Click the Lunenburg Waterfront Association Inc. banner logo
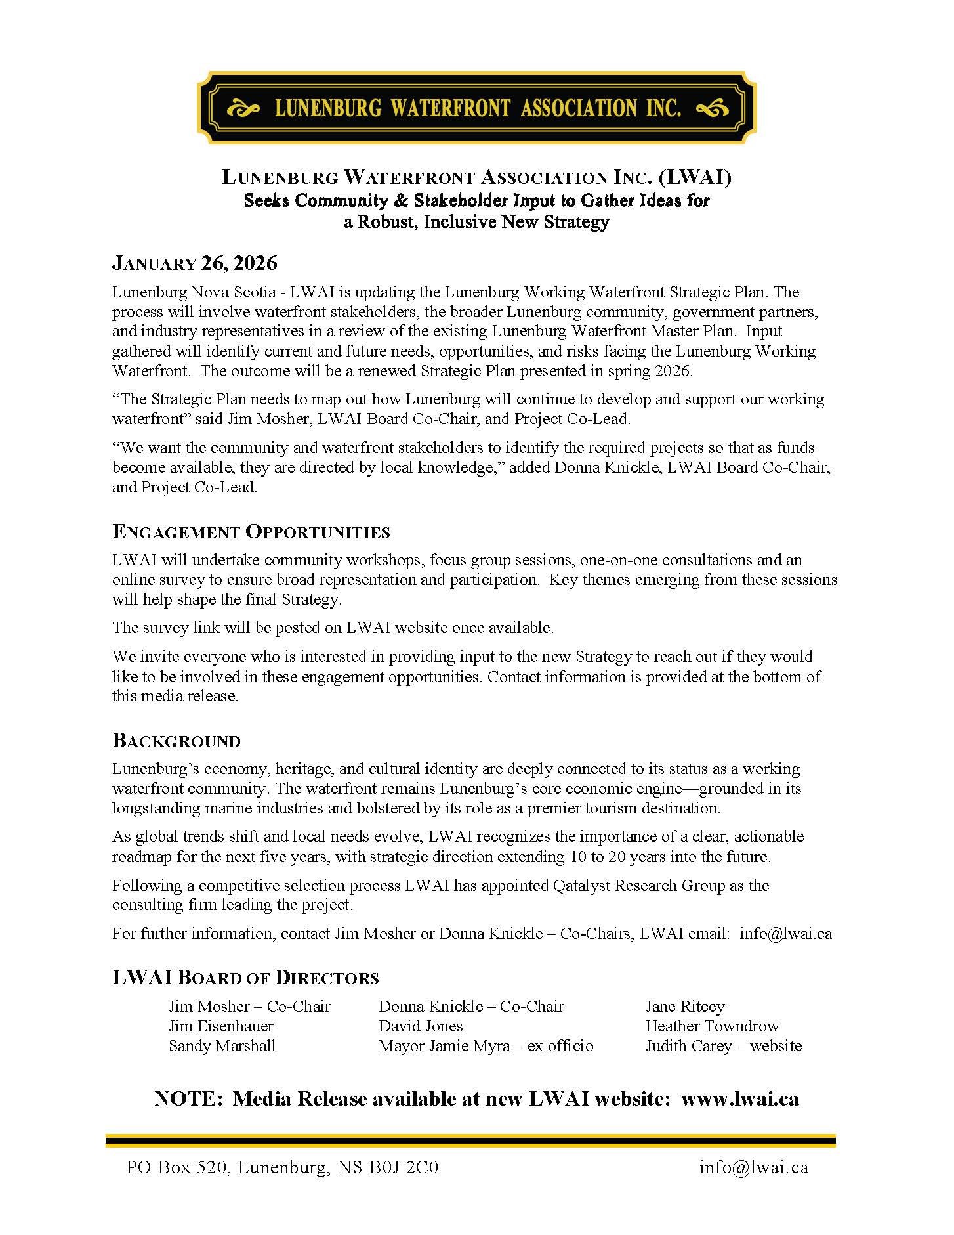tap(477, 108)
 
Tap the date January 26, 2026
tap(195, 263)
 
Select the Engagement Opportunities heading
tap(251, 531)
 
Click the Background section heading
tap(176, 741)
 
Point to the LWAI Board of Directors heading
tap(245, 977)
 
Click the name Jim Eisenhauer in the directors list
tap(220, 1026)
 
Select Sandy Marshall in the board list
tap(222, 1045)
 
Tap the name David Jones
tap(421, 1026)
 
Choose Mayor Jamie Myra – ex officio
tap(486, 1045)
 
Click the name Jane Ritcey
tap(684, 1006)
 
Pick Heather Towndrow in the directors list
tap(712, 1026)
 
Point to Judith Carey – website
tap(723, 1045)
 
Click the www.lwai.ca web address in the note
tap(739, 1098)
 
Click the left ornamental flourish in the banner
tap(244, 108)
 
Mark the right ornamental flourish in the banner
tap(710, 108)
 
